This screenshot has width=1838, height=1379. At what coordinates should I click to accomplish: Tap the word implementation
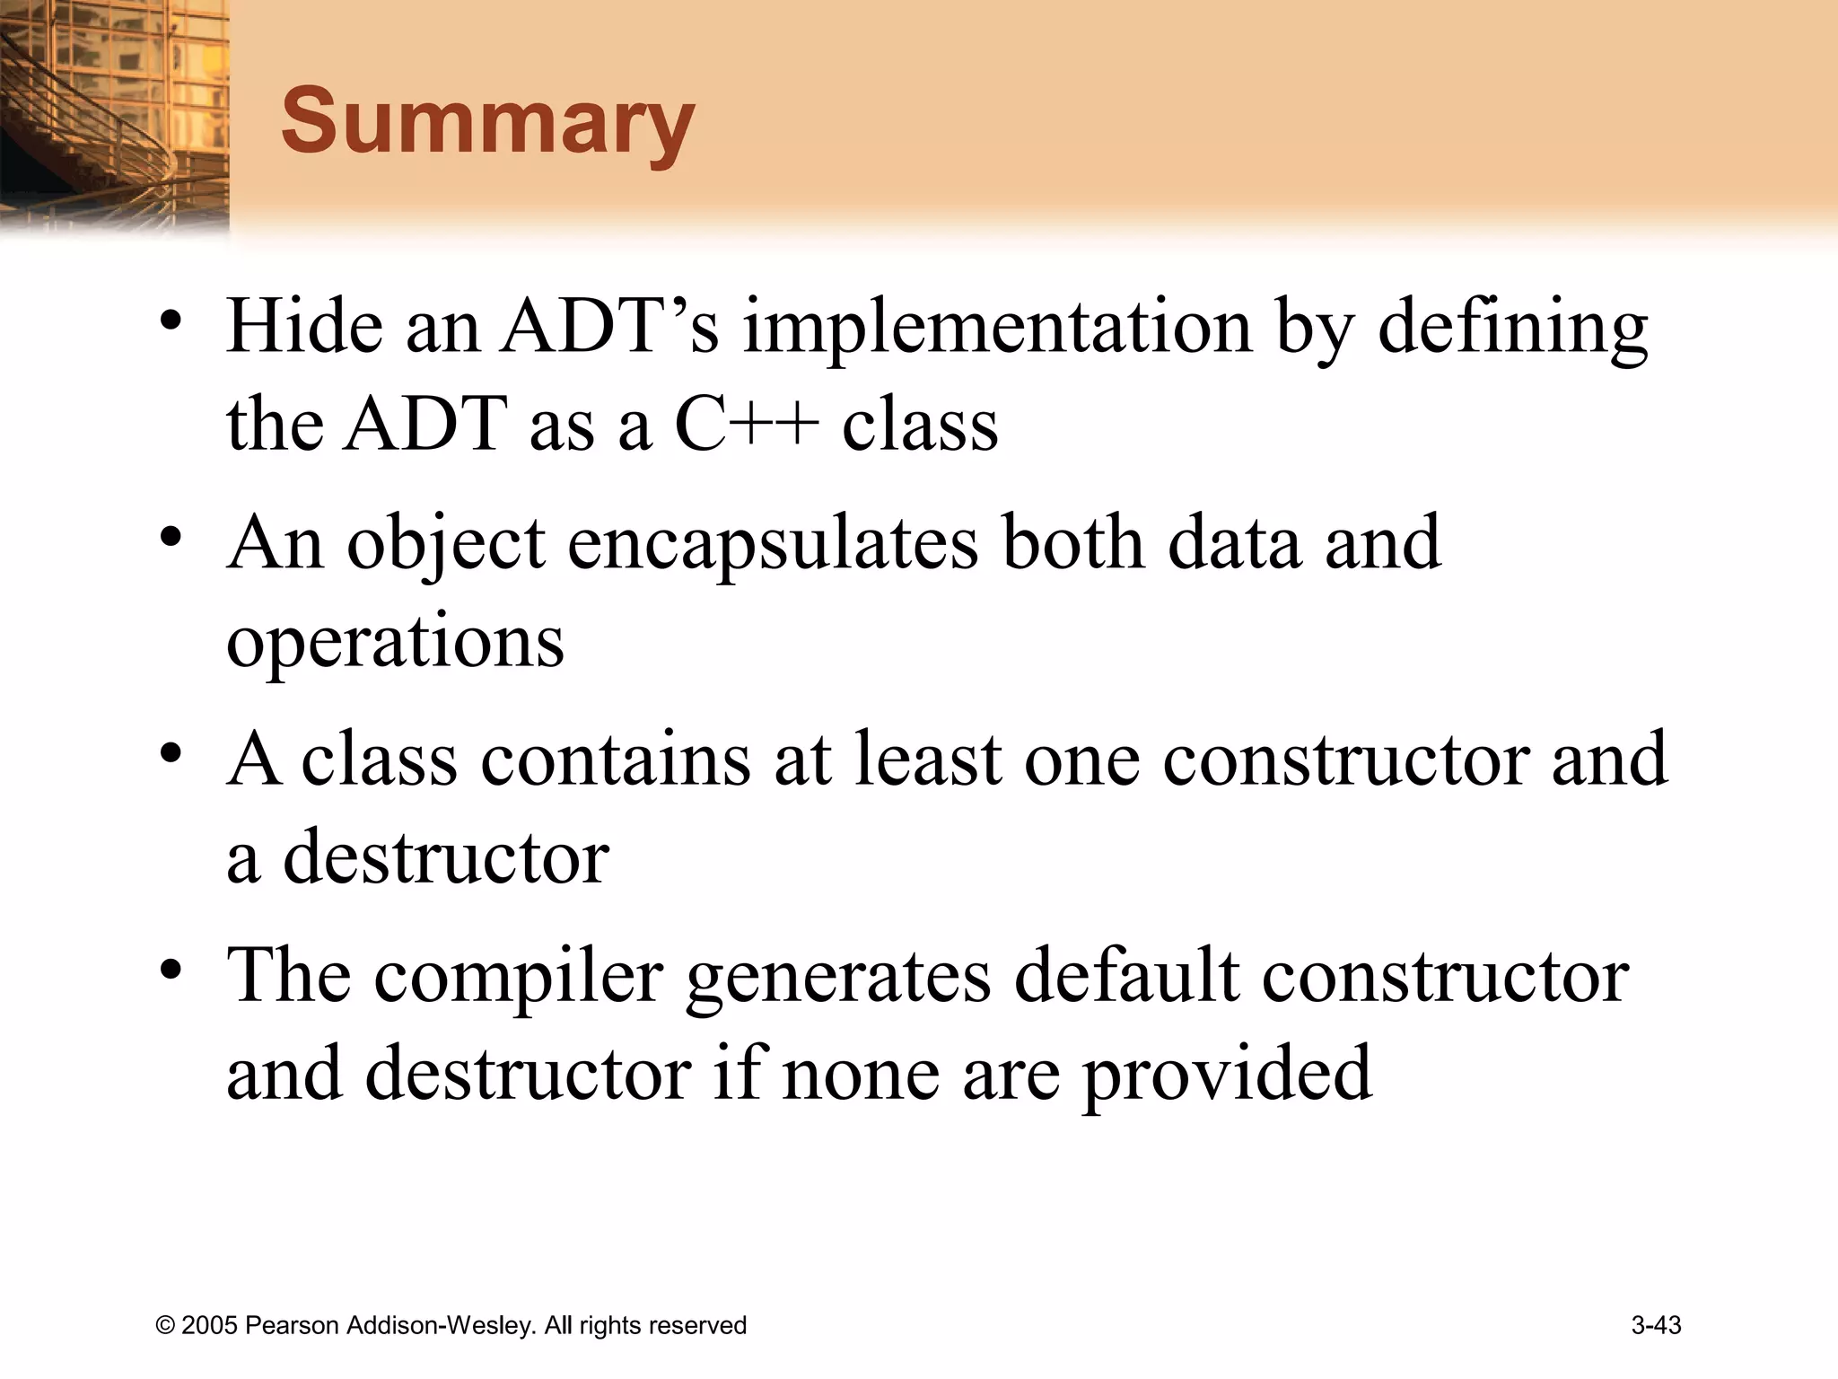[x=996, y=327]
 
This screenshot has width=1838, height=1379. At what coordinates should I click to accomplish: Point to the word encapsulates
[x=773, y=543]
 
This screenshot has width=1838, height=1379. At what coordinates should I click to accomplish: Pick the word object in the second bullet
[x=446, y=543]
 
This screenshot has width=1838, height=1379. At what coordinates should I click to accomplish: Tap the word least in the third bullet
[x=927, y=760]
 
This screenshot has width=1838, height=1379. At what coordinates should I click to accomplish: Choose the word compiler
[x=519, y=976]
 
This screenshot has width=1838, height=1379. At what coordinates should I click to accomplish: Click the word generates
[x=838, y=978]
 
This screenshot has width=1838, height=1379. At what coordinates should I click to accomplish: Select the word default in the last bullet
[x=1126, y=976]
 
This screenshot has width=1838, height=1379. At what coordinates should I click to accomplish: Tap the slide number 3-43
[x=1656, y=1325]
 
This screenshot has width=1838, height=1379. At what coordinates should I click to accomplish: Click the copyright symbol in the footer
[x=165, y=1326]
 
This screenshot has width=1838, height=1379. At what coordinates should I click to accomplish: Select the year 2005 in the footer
[x=209, y=1326]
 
